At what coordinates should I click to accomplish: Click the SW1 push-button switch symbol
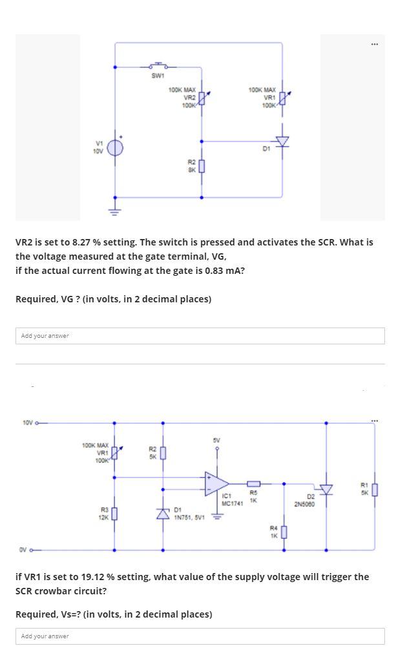[x=158, y=65]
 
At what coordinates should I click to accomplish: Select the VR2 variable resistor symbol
[x=202, y=99]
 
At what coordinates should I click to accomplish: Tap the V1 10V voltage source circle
[x=115, y=147]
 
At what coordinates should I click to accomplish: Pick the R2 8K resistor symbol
[x=202, y=167]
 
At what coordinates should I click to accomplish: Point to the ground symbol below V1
[x=115, y=209]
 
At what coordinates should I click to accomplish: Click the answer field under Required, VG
[x=200, y=336]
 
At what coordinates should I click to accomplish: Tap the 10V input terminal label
[x=28, y=423]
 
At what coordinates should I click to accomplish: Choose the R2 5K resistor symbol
[x=162, y=452]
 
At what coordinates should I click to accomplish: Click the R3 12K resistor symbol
[x=115, y=514]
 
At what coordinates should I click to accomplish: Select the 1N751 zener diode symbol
[x=162, y=513]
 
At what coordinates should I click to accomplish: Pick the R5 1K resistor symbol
[x=254, y=483]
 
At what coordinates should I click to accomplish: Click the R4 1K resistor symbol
[x=283, y=532]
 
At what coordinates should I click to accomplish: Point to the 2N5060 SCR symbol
[x=326, y=490]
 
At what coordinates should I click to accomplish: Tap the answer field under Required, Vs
[x=200, y=636]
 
